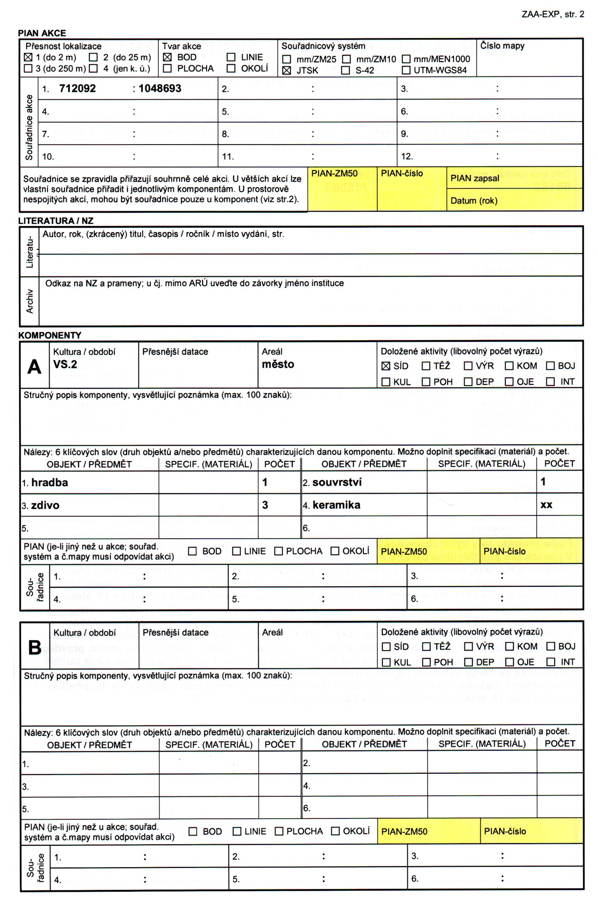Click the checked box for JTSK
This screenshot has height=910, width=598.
tap(287, 70)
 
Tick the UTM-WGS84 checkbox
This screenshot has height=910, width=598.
tap(406, 70)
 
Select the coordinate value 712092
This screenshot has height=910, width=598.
tap(77, 88)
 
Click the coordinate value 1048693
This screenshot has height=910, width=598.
tap(160, 88)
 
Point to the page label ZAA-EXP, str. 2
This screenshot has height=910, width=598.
tap(553, 14)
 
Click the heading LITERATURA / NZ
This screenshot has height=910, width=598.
tap(56, 221)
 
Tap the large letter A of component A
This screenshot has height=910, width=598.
tap(34, 367)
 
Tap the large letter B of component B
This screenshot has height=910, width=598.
tap(35, 647)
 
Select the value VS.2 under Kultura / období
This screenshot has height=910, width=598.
tap(65, 364)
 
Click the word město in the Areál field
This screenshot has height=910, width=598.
tap(278, 364)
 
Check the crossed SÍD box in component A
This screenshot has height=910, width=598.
tap(386, 366)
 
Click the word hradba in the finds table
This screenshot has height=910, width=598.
tap(50, 482)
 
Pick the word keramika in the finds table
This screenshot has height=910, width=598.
tap(336, 505)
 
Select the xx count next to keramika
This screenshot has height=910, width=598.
tap(546, 505)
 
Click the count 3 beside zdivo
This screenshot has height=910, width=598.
tap(265, 505)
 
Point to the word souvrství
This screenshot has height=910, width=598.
tap(337, 482)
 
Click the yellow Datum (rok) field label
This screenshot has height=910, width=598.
tap(474, 200)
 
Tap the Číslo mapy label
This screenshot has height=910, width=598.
tap(502, 46)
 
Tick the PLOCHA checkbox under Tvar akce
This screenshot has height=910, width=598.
tap(168, 69)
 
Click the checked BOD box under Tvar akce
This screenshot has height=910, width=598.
tap(168, 57)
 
